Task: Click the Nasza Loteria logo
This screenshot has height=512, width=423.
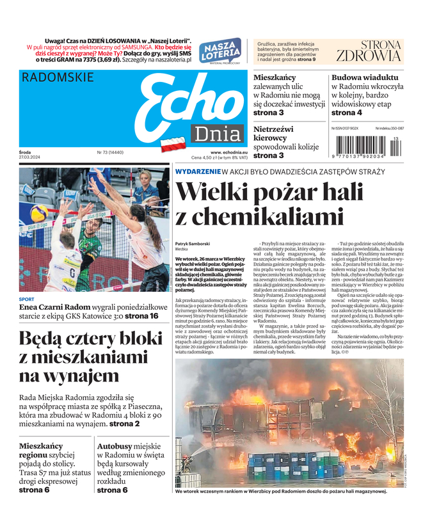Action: [220, 50]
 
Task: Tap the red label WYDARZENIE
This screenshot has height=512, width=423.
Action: [197, 172]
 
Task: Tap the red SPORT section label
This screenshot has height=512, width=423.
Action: [27, 299]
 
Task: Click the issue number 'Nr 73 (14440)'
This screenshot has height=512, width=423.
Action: [111, 152]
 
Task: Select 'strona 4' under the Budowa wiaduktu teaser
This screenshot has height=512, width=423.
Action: [347, 113]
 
